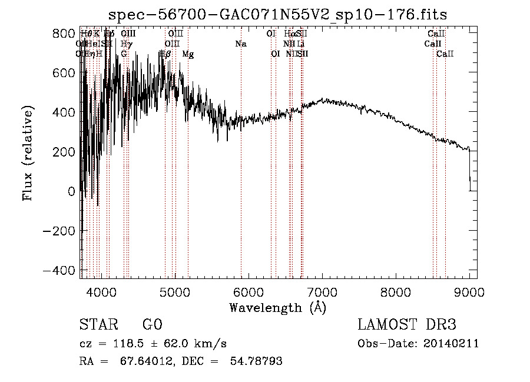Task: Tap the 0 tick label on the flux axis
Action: tap(71, 191)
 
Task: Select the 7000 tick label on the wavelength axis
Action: tap(322, 291)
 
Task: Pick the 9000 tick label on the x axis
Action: tap(469, 291)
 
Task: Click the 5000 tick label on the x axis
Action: tap(175, 291)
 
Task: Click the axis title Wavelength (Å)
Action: tap(277, 307)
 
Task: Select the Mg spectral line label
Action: tap(188, 54)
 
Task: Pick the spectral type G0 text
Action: tap(152, 325)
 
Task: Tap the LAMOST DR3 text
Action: tap(407, 325)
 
